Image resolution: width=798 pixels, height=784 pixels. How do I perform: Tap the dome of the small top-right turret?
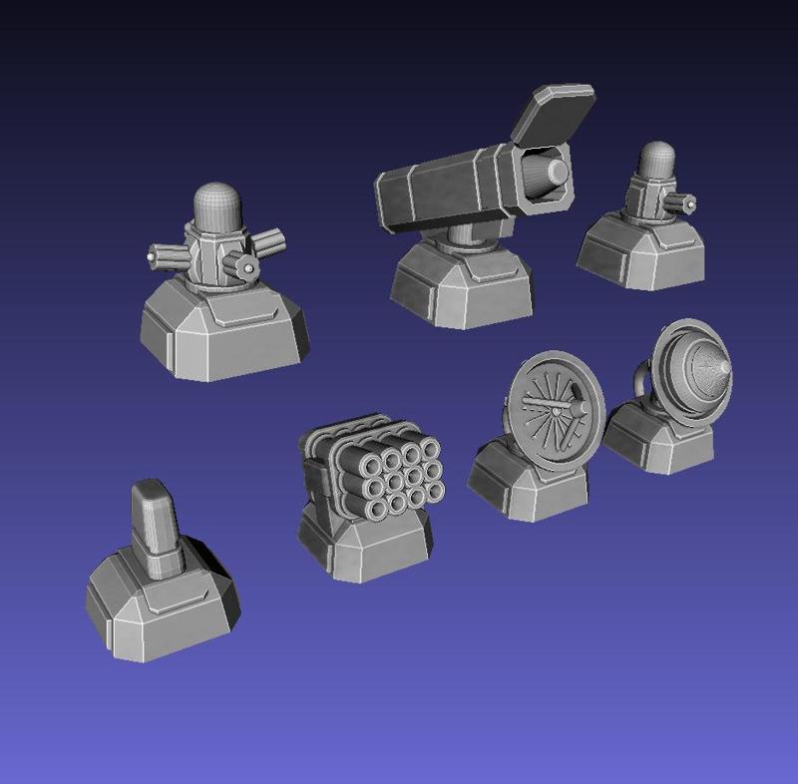[656, 160]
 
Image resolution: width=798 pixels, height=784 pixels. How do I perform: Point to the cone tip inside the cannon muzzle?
[556, 173]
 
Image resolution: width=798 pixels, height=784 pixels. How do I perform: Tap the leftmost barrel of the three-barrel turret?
[162, 255]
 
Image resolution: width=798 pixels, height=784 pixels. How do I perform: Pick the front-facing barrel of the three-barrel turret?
[240, 264]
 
